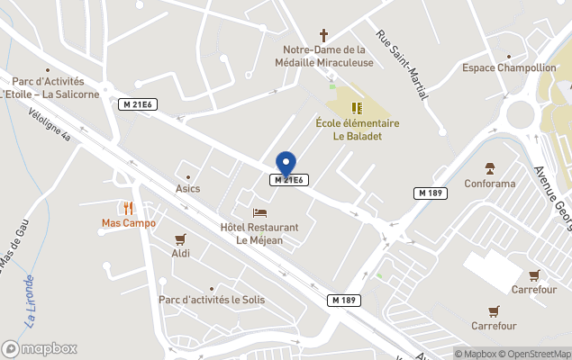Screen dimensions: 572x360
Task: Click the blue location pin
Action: coord(286,163)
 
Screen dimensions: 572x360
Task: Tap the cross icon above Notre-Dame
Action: coord(324,35)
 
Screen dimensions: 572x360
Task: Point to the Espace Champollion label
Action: coord(509,67)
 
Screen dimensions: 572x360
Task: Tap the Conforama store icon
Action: coord(490,168)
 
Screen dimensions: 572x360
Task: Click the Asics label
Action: coord(188,188)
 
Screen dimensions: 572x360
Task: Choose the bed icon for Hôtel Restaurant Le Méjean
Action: coord(259,213)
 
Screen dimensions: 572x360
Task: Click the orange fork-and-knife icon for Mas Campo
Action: coord(129,208)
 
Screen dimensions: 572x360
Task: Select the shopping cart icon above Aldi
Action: coord(180,239)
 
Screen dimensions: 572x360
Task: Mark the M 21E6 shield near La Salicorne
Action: coord(138,104)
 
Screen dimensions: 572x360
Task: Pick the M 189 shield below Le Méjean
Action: coord(343,300)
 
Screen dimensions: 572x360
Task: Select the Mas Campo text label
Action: coord(129,223)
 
